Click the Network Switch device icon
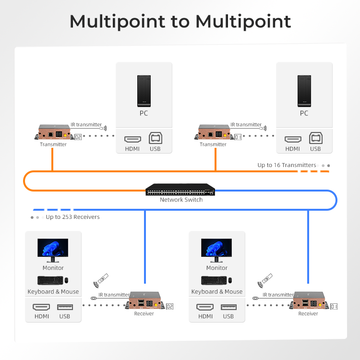click(x=180, y=190)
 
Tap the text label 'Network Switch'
click(x=181, y=200)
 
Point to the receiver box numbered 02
click(x=145, y=301)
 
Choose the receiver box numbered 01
click(x=309, y=301)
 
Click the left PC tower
click(x=144, y=91)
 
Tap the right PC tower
click(x=304, y=91)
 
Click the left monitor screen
click(x=53, y=248)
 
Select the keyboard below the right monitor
click(x=214, y=280)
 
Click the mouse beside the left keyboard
click(x=66, y=280)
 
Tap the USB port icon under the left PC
click(x=156, y=138)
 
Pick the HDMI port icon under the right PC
click(x=293, y=139)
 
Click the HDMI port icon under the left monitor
click(x=41, y=307)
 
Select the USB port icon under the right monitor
click(x=228, y=307)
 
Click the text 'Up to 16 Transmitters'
click(x=287, y=165)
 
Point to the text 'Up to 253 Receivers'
click(x=73, y=217)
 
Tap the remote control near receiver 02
click(x=103, y=278)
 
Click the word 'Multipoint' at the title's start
click(x=117, y=22)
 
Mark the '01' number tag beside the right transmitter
click(x=238, y=137)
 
